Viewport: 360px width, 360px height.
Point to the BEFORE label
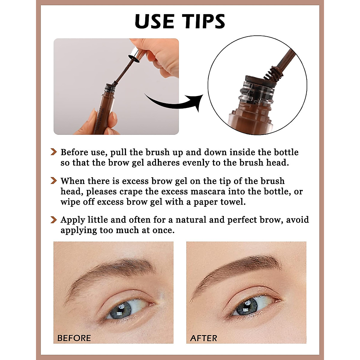click(74, 338)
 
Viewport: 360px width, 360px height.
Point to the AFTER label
click(203, 338)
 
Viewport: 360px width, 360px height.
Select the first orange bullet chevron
click(53, 152)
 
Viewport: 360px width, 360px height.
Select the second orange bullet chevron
click(53, 181)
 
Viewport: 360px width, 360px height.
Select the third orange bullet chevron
click(53, 220)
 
